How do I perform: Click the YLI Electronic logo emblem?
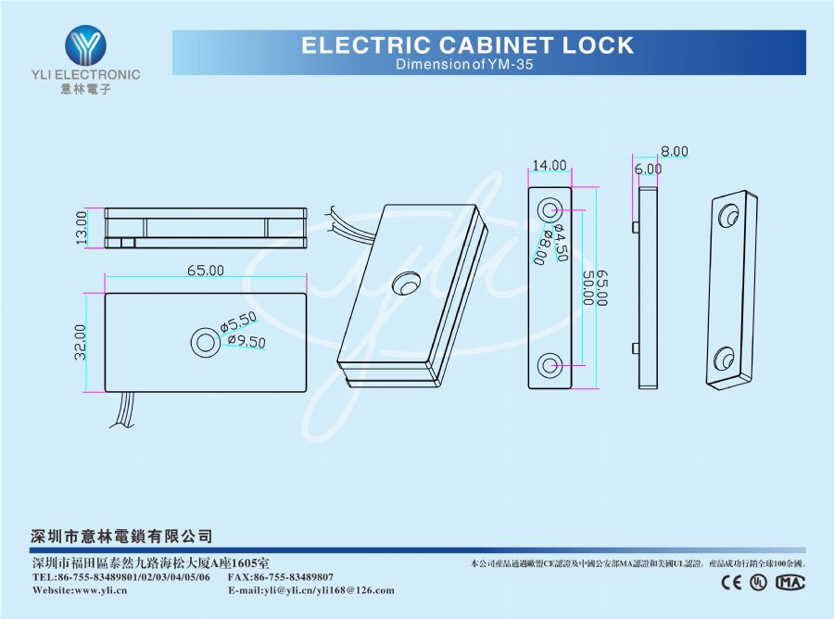[85, 46]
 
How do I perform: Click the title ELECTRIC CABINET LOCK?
[468, 45]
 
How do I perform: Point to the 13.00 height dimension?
[82, 227]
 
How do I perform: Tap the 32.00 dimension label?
[81, 341]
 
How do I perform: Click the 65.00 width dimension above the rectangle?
[206, 271]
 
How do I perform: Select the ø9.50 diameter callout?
[247, 342]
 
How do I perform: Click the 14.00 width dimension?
[549, 166]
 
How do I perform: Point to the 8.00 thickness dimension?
[674, 151]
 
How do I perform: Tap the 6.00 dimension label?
[648, 170]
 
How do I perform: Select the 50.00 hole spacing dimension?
[588, 288]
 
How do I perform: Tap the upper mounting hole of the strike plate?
[550, 208]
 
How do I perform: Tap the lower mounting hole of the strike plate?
[550, 365]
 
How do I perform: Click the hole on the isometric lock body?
[405, 281]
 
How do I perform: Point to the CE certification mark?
[731, 582]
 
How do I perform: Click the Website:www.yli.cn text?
[80, 590]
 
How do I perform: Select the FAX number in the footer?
[280, 577]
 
